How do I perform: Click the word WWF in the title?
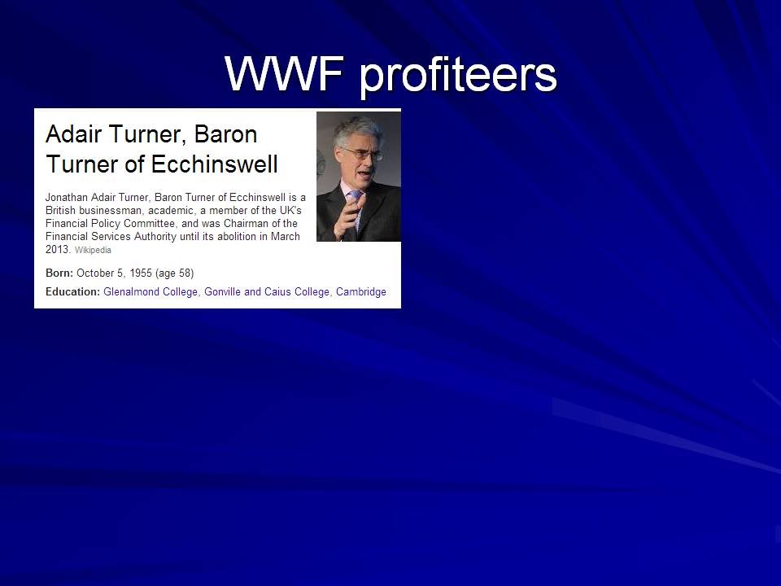pos(284,74)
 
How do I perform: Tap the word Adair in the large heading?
pos(74,133)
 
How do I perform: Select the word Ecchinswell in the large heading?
pos(214,164)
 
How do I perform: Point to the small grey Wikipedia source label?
pos(93,250)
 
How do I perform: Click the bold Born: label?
pos(59,273)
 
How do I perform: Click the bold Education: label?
pos(72,291)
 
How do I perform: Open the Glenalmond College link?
pos(151,292)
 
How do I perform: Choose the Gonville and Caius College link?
pos(267,292)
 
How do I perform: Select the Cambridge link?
pos(361,292)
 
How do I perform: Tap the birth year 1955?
pos(141,273)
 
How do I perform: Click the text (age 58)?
pos(174,273)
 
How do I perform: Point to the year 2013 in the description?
pos(57,249)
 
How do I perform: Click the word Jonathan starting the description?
pos(67,197)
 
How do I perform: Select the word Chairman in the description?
pos(246,223)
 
